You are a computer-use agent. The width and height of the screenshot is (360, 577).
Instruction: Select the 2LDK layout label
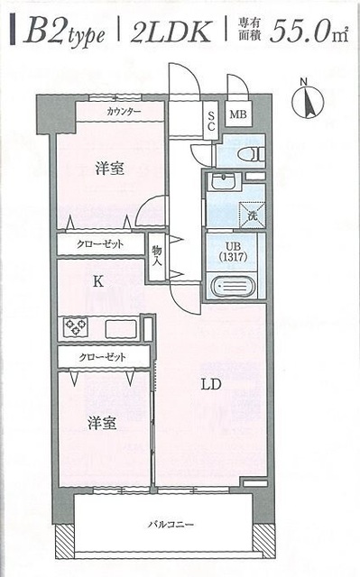click(x=171, y=33)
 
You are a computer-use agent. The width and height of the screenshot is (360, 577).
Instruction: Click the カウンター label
click(x=123, y=112)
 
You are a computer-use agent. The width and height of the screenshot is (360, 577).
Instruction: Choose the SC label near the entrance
click(x=210, y=120)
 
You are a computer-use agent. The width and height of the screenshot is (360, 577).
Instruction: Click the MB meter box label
click(x=237, y=114)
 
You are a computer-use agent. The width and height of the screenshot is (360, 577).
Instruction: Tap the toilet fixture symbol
click(x=249, y=153)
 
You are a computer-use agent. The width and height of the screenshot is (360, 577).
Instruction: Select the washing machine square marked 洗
click(x=249, y=214)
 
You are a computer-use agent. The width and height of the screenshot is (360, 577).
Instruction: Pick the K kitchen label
click(x=98, y=281)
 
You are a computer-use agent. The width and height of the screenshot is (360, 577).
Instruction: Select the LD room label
click(x=209, y=385)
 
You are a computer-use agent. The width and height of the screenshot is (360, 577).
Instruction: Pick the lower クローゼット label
click(x=102, y=357)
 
